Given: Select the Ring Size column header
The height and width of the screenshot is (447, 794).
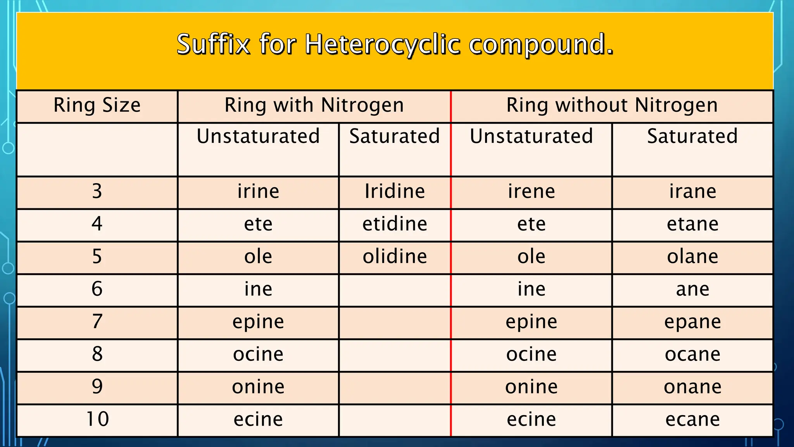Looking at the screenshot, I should (x=97, y=105).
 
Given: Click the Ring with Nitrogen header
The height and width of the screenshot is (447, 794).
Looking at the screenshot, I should (x=314, y=105).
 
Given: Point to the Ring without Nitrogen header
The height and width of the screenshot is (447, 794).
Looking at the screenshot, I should (x=612, y=105).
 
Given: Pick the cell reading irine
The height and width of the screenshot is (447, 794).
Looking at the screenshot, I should (x=258, y=191).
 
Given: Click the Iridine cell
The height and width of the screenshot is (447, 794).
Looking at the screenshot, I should (x=395, y=191).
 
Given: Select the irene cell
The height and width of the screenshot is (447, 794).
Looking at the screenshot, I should (x=532, y=191).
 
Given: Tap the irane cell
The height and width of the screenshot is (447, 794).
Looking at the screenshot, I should (x=692, y=191).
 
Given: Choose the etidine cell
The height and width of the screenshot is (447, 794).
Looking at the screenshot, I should (x=395, y=224).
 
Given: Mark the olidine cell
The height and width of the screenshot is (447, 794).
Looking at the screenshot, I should (x=395, y=256).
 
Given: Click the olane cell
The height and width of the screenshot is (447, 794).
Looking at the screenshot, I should (x=692, y=256).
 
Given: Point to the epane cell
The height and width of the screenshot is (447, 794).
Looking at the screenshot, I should (x=692, y=322).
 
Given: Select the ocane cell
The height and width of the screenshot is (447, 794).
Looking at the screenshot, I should (x=692, y=354).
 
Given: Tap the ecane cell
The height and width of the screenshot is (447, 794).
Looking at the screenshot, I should (x=692, y=419).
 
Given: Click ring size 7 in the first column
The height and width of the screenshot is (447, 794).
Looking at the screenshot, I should (x=97, y=322).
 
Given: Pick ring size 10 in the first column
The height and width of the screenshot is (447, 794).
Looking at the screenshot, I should (x=97, y=419).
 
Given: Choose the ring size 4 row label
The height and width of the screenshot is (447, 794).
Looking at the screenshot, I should (x=97, y=224).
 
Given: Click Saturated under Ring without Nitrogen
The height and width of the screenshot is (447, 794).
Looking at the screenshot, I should (x=692, y=136).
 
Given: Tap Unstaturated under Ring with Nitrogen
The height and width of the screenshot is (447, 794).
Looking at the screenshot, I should (x=258, y=136).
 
